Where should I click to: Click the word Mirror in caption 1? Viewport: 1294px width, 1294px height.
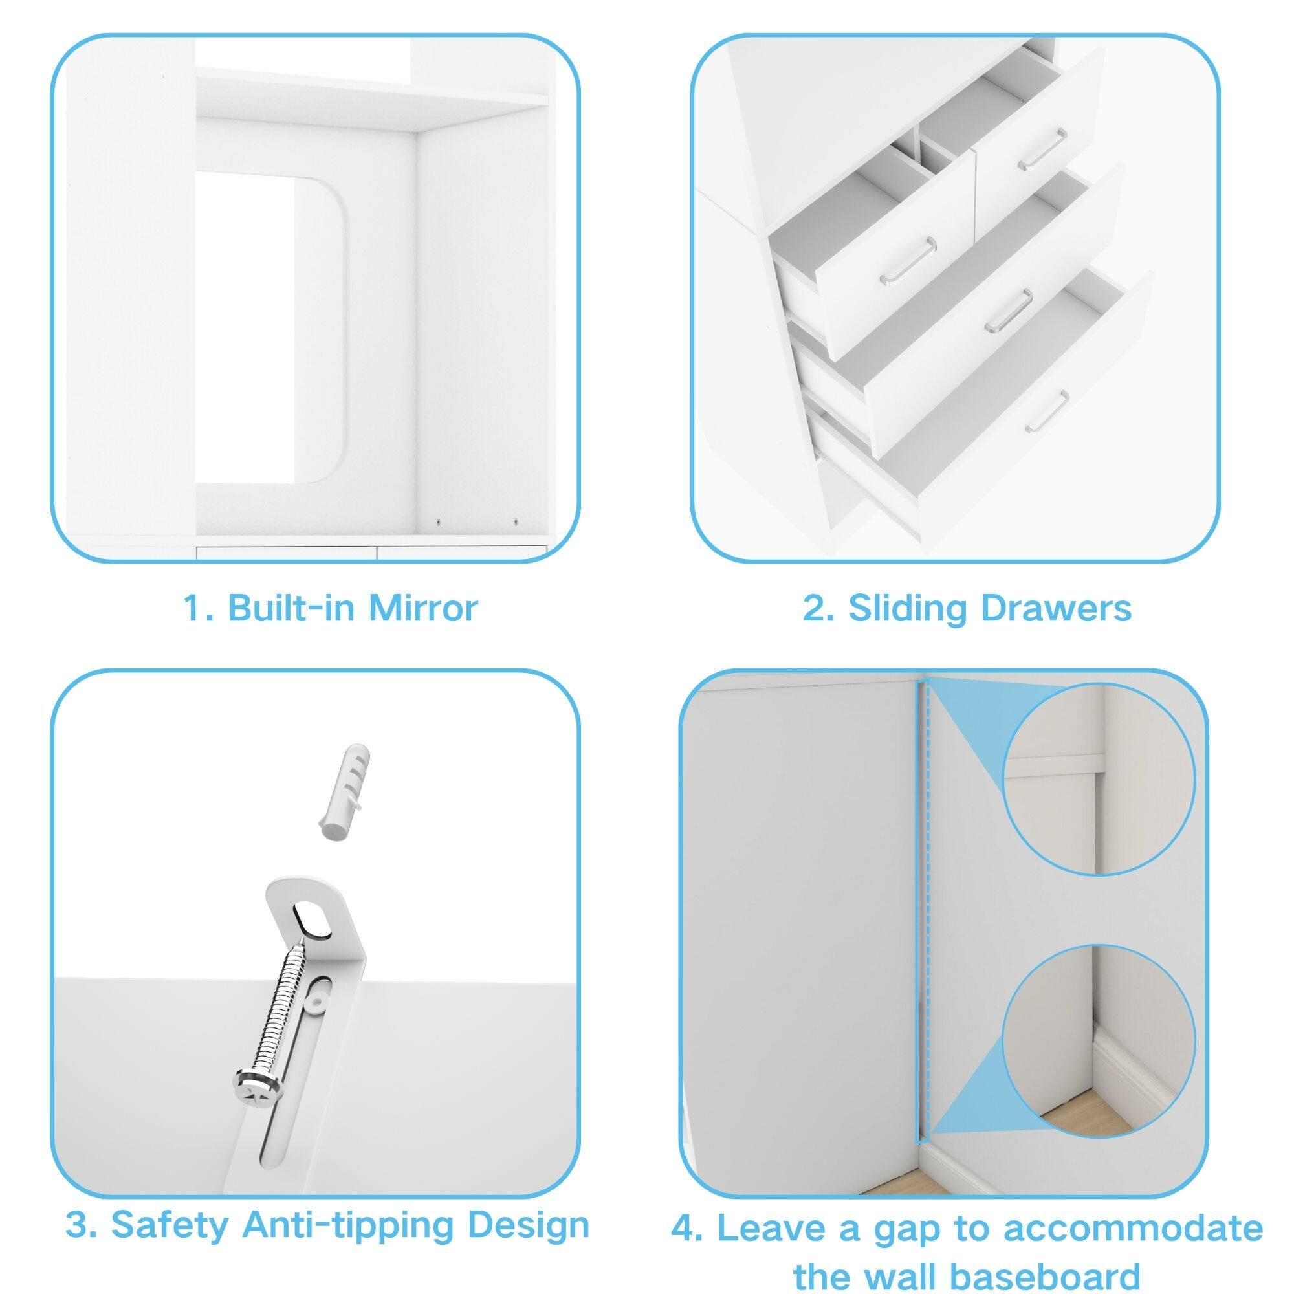[422, 608]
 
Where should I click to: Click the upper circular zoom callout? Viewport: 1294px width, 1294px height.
[1099, 778]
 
